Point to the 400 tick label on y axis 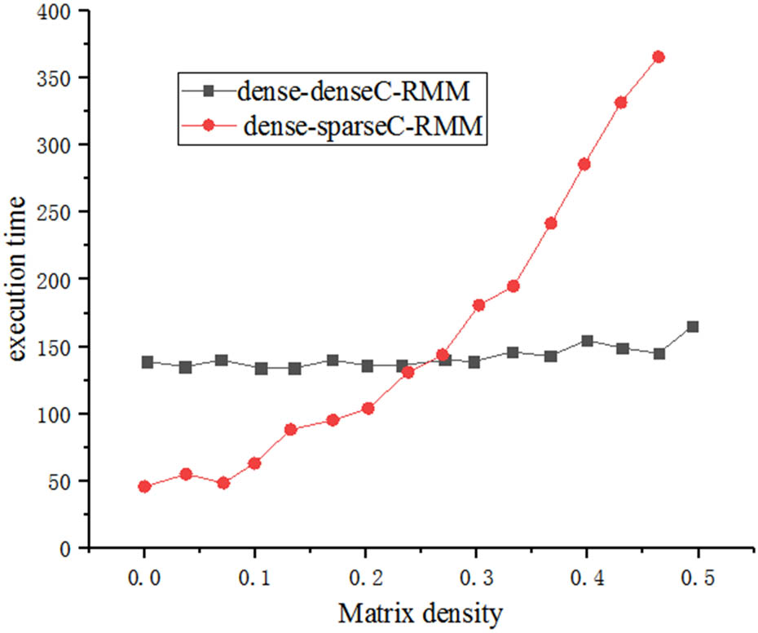click(64, 12)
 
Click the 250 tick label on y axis click(64, 212)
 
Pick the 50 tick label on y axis click(68, 481)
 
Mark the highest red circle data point click(659, 56)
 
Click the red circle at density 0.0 click(145, 486)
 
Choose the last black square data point click(693, 326)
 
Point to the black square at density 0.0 click(148, 361)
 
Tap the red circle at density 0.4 click(584, 164)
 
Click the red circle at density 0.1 click(254, 463)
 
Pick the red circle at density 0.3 click(478, 305)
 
